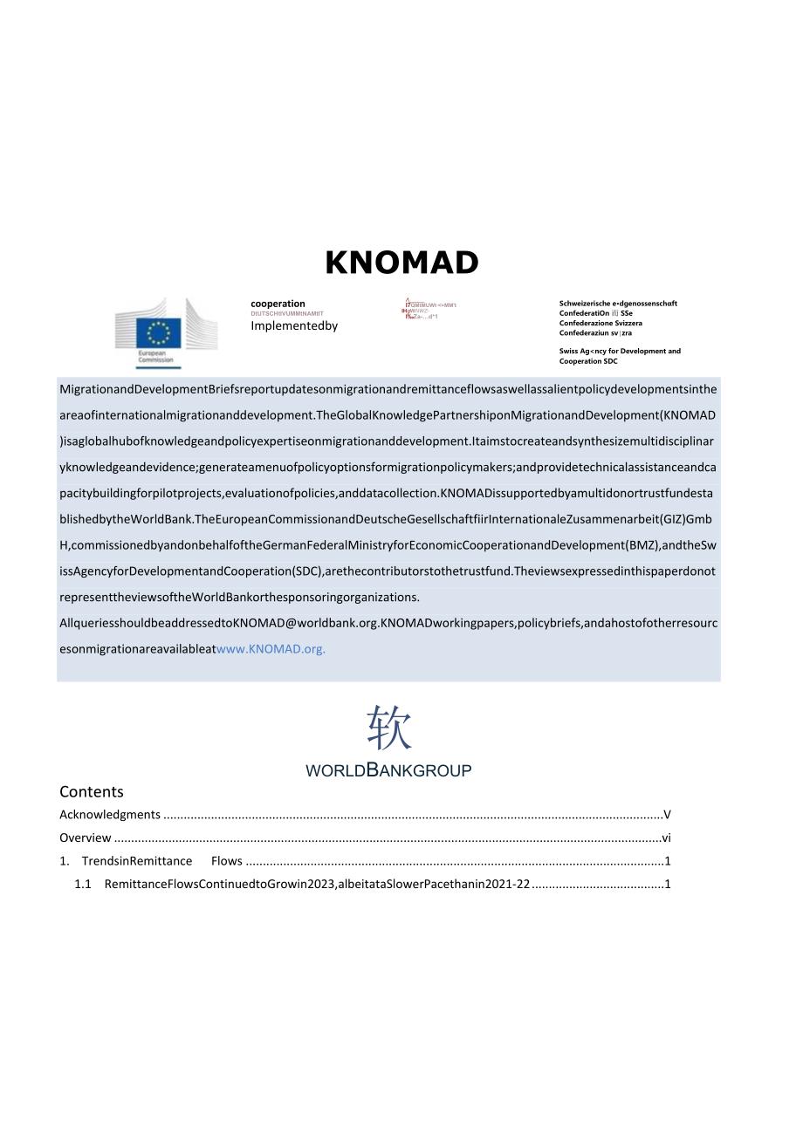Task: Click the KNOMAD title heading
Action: tap(401, 263)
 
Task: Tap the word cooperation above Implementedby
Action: tap(278, 304)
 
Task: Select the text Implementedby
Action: tap(293, 325)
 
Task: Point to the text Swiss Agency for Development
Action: tap(620, 351)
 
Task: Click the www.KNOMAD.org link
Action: tap(271, 649)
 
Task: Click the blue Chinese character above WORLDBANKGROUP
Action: tap(388, 728)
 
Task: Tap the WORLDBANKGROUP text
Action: tap(388, 770)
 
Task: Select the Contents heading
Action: tap(92, 792)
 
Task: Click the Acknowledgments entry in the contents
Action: tap(110, 815)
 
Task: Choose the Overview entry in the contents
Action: tap(86, 838)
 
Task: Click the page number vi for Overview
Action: tap(666, 838)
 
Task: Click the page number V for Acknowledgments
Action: tap(667, 815)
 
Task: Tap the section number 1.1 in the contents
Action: tap(83, 884)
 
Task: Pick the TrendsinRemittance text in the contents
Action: tap(137, 861)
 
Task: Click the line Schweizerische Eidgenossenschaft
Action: tap(618, 304)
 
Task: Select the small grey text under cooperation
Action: tap(286, 313)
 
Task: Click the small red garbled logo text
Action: tap(428, 310)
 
